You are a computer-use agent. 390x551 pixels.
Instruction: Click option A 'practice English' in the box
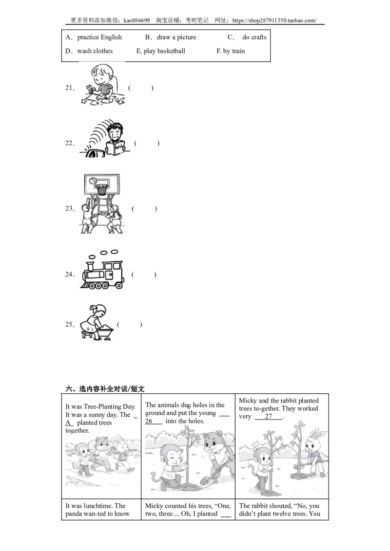point(94,37)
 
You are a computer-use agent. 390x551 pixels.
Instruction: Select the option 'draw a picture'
point(171,37)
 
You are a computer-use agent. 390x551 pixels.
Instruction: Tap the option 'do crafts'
point(247,37)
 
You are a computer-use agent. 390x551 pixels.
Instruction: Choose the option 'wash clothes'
point(89,51)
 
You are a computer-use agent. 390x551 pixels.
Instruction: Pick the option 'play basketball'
point(161,51)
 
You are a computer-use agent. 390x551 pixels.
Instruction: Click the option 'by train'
point(231,51)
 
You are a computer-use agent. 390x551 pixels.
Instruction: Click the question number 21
point(70,88)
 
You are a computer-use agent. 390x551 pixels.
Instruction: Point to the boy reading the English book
point(116,139)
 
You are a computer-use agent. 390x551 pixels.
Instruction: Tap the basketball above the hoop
point(93,181)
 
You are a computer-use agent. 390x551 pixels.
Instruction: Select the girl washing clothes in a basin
point(96,322)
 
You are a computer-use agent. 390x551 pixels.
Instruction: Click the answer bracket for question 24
point(144,275)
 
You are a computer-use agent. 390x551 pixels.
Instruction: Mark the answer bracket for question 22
point(147,143)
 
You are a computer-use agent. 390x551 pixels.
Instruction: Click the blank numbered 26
point(154,421)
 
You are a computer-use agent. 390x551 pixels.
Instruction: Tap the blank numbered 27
point(269,416)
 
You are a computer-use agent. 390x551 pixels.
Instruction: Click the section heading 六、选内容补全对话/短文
point(105,388)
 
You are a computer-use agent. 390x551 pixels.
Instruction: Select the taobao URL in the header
point(274,20)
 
